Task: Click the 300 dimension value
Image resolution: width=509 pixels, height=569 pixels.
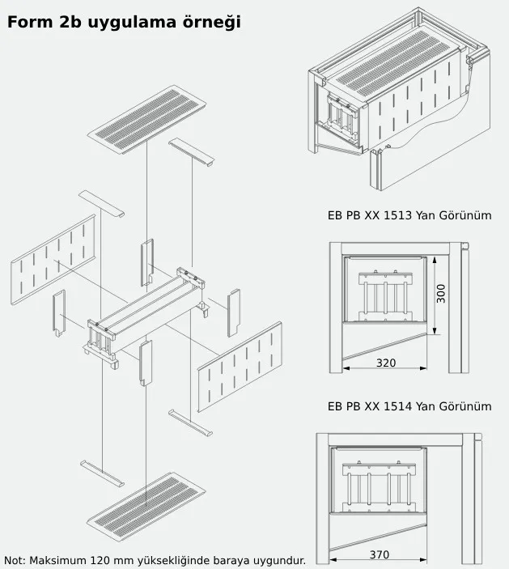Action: pyautogui.click(x=440, y=294)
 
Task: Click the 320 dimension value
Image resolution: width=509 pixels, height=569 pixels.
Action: pyautogui.click(x=386, y=363)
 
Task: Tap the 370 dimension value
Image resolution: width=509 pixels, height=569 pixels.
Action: pyautogui.click(x=379, y=554)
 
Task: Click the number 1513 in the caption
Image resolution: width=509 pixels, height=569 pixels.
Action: pyautogui.click(x=397, y=215)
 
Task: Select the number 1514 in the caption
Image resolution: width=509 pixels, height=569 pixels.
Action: pyautogui.click(x=397, y=406)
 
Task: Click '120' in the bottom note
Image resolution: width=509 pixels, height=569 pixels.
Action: pyautogui.click(x=100, y=560)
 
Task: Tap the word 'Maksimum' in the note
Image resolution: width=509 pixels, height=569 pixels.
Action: pyautogui.click(x=58, y=560)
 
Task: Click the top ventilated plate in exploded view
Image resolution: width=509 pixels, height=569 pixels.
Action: pyautogui.click(x=147, y=119)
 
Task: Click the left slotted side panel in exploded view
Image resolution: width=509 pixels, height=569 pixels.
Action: pyautogui.click(x=53, y=259)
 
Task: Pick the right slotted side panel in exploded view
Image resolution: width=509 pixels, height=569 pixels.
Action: pyautogui.click(x=240, y=367)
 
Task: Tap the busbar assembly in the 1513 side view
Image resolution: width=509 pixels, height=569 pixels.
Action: pyautogui.click(x=386, y=296)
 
